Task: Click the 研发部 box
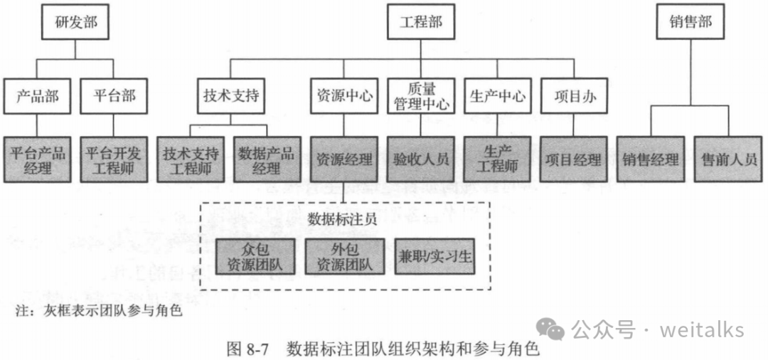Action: [75, 22]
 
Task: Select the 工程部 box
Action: [421, 22]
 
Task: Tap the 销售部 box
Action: [690, 22]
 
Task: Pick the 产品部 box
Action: [37, 96]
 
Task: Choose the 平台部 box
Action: [114, 96]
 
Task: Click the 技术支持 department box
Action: [230, 96]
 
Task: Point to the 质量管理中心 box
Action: [422, 96]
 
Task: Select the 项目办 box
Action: [574, 96]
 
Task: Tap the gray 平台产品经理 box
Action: [37, 159]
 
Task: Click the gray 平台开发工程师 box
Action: [114, 159]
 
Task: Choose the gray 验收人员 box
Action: [422, 159]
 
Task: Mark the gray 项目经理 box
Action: [574, 159]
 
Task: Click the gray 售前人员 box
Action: [729, 159]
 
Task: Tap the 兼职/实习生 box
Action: [434, 256]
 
